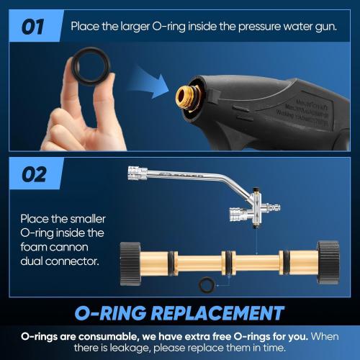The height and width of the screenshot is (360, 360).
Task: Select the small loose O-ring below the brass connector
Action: point(207,284)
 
